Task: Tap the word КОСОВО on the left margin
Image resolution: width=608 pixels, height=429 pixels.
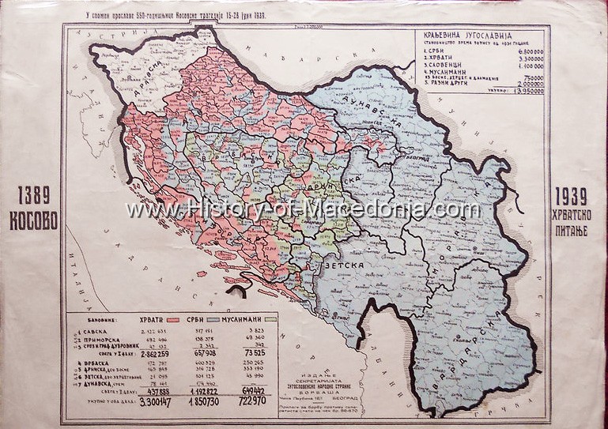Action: [x=32, y=220]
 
